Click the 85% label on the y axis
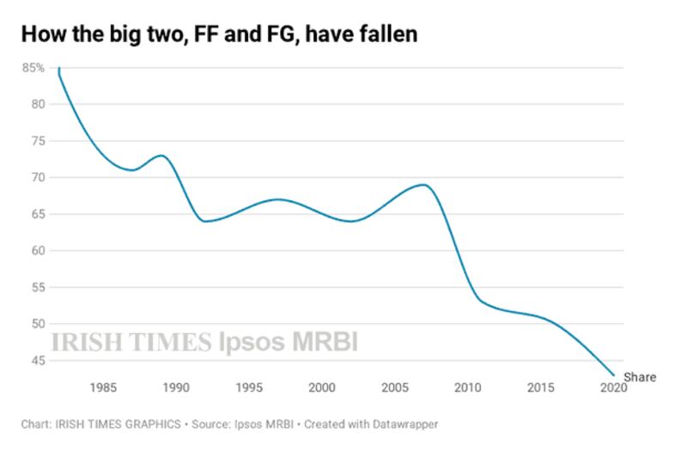[33, 68]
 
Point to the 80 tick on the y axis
[39, 104]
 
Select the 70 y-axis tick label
[39, 178]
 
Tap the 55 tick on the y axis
[39, 288]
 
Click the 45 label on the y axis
[39, 361]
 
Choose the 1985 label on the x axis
[102, 388]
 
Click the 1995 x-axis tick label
[248, 388]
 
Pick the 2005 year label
[394, 388]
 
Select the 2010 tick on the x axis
[467, 388]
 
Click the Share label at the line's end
[639, 376]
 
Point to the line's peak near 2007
[423, 185]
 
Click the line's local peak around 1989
[161, 155]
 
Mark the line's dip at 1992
[204, 222]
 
